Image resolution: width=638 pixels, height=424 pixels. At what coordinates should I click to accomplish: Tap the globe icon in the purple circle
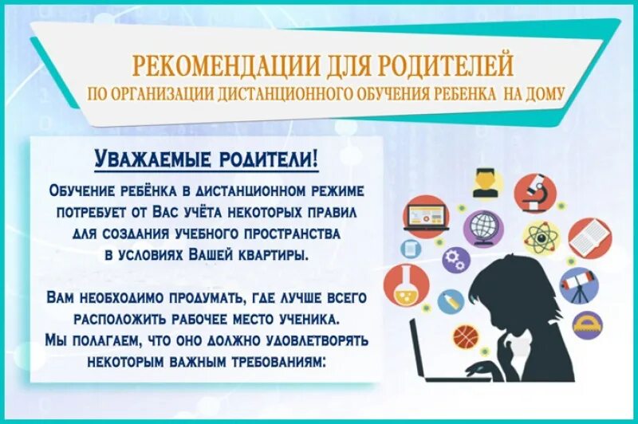click(483, 226)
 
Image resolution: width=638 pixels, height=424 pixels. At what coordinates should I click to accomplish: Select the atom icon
click(539, 238)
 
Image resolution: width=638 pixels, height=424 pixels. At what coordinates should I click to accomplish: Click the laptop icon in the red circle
click(425, 217)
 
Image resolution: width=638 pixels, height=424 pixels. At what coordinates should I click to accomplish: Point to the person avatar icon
click(484, 183)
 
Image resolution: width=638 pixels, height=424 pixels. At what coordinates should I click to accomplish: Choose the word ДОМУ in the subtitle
click(545, 94)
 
